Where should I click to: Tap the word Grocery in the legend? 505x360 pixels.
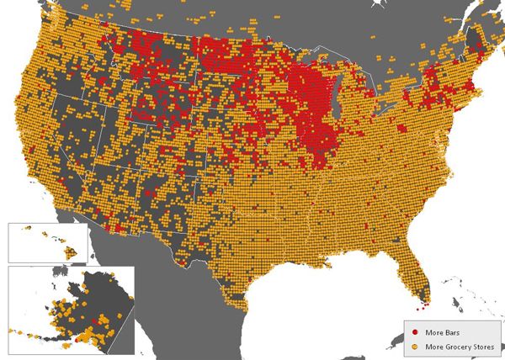pos(450,343)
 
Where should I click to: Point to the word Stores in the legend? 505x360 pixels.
pos(478,343)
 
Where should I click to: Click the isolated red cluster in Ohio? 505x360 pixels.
pos(402,129)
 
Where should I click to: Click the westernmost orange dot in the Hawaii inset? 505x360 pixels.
pos(24,229)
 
